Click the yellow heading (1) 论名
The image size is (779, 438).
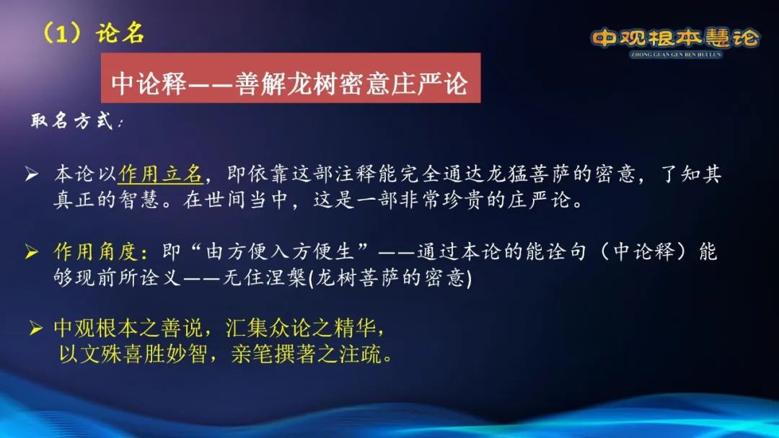point(93,34)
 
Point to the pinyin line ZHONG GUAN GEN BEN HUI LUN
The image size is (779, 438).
point(676,55)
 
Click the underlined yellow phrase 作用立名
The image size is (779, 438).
point(160,174)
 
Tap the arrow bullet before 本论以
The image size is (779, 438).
point(32,174)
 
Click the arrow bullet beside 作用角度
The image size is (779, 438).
point(32,252)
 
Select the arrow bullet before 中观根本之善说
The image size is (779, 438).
point(35,328)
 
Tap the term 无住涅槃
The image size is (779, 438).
point(264,278)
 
